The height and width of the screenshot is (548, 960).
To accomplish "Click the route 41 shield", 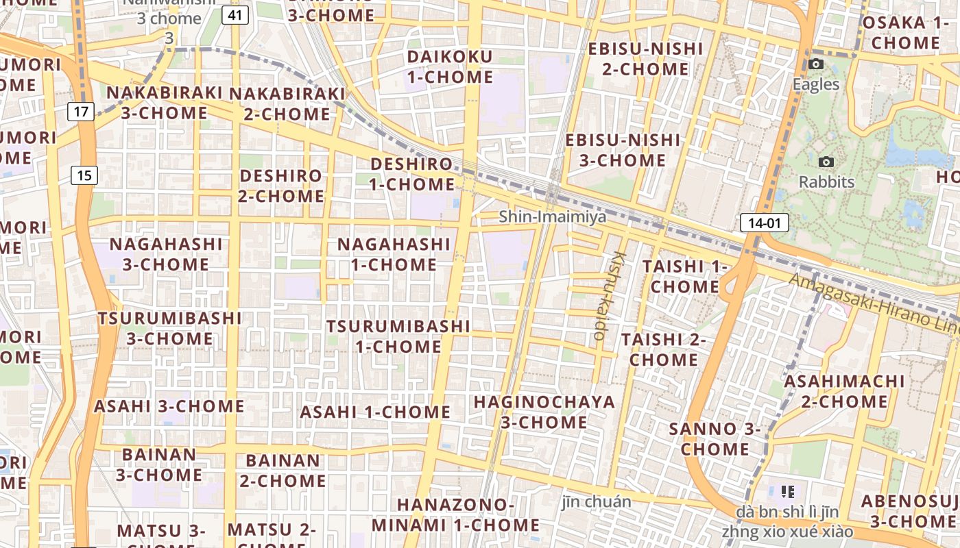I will click(x=235, y=15).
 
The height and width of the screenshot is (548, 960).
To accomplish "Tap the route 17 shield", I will click(x=81, y=111).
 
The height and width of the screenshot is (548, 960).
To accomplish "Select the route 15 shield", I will click(x=84, y=175).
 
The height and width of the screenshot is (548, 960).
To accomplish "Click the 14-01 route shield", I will click(x=765, y=223).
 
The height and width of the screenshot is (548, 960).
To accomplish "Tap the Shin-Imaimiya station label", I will click(x=553, y=217).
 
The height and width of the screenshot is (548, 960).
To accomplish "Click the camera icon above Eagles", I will click(x=816, y=64).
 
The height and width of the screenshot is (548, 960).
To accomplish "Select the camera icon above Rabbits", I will click(x=827, y=162).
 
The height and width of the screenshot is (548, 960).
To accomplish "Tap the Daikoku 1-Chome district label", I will click(x=450, y=66).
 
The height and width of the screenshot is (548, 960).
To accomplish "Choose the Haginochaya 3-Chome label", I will click(x=544, y=412).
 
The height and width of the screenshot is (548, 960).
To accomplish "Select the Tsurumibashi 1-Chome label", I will click(x=398, y=336).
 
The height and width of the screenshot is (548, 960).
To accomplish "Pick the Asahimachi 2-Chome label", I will click(x=844, y=391).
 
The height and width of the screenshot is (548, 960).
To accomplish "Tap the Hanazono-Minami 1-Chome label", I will click(x=456, y=515).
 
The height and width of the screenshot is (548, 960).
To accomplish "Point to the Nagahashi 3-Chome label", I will click(x=166, y=254).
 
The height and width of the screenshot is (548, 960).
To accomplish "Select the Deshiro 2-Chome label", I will click(x=281, y=186).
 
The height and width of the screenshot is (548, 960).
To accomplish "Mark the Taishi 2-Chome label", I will click(x=663, y=349).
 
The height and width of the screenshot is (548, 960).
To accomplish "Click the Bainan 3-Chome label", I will click(x=159, y=464).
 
